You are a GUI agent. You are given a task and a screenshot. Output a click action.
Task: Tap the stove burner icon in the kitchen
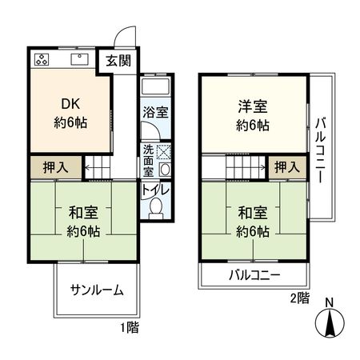pos(42,60)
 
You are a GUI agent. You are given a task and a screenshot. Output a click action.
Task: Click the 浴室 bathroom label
pos(154,113)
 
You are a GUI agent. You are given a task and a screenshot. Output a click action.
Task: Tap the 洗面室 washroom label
pos(148,159)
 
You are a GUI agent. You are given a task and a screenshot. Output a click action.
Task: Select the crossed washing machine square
pos(163,150)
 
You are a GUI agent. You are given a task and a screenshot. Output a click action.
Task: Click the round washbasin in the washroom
pos(163,169)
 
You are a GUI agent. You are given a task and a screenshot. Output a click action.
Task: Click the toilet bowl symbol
pos(157,210)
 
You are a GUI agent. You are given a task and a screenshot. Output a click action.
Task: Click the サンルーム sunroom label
pos(96,290)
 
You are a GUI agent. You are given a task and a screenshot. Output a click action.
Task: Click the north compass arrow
pos(330,323)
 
